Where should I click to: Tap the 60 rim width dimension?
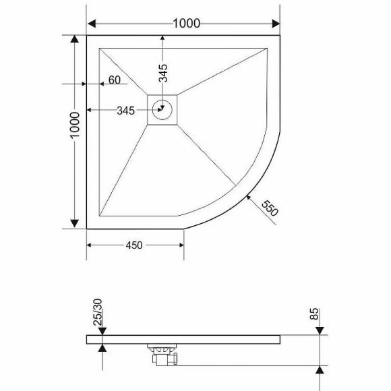[114, 81]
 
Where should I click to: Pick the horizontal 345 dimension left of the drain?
[128, 110]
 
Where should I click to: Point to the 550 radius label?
[269, 208]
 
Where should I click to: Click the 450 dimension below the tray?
[134, 245]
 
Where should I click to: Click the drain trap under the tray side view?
[162, 351]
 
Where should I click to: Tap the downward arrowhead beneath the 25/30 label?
[101, 329]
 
